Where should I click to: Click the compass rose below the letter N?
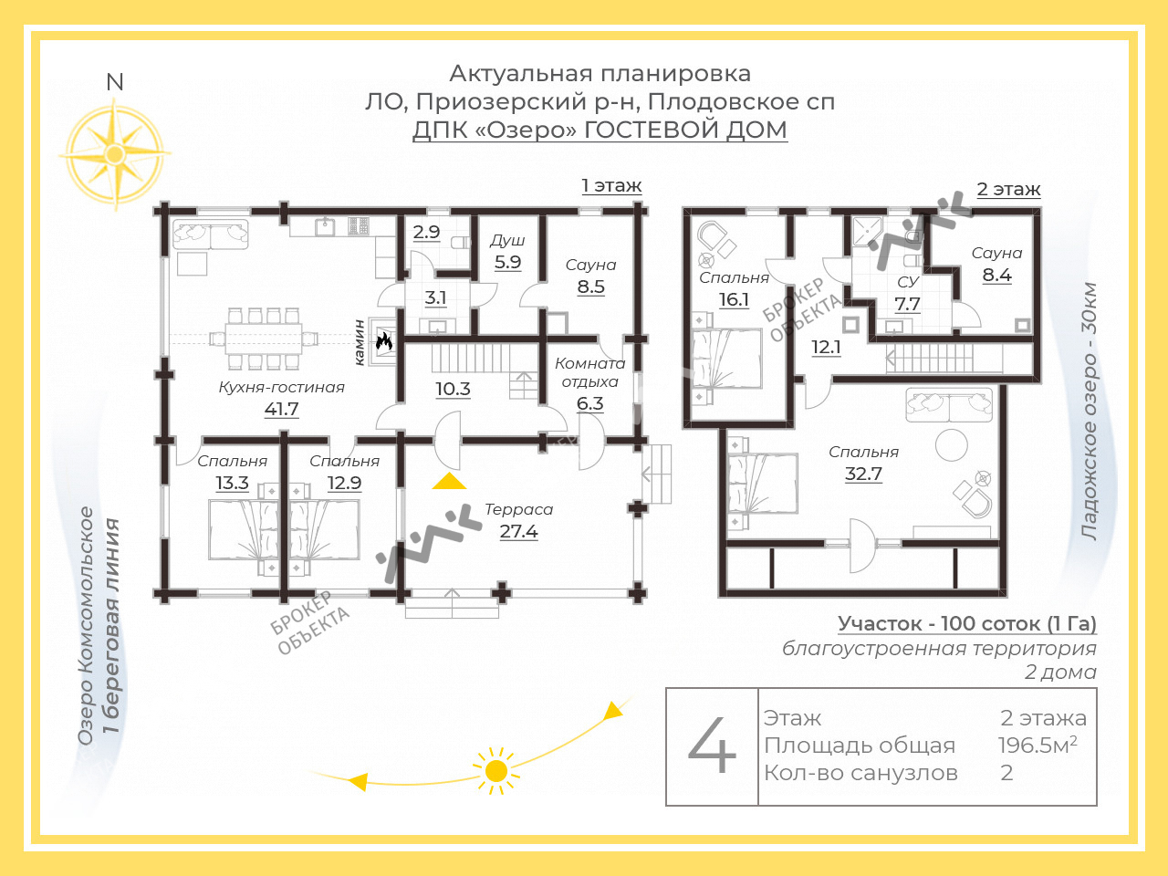(x=114, y=153)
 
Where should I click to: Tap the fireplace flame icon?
(x=383, y=341)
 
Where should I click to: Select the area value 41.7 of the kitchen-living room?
(x=281, y=409)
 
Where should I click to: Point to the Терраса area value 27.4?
(x=519, y=531)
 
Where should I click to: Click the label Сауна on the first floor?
(x=590, y=265)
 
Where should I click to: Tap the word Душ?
(x=507, y=241)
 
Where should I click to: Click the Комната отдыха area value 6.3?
(x=590, y=403)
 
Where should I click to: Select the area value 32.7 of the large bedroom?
(x=863, y=474)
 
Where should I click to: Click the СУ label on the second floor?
(x=908, y=281)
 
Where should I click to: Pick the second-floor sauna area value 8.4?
(x=996, y=275)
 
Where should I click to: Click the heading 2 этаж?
(x=1008, y=189)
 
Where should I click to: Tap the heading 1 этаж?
(x=611, y=185)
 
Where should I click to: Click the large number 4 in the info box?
(x=712, y=746)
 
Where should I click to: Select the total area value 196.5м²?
(x=1038, y=746)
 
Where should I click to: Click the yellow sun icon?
(x=495, y=771)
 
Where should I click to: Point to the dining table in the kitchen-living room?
(x=264, y=339)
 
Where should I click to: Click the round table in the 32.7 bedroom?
(x=952, y=445)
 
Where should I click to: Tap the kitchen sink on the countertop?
(x=325, y=227)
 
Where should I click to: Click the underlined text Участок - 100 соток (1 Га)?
(x=967, y=623)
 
